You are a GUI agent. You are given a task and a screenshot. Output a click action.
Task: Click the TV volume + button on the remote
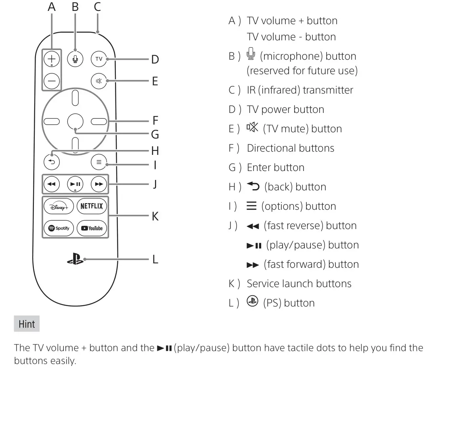pos(52,58)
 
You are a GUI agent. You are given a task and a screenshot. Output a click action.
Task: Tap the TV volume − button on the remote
pos(52,81)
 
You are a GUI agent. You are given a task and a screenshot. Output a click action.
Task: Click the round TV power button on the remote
pos(99,59)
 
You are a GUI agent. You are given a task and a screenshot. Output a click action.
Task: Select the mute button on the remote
pos(99,81)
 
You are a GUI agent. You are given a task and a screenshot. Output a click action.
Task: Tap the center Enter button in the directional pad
pos(75,121)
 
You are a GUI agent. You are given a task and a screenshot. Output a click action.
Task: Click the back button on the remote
pos(52,162)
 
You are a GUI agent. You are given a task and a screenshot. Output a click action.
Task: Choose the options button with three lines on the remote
pos(99,162)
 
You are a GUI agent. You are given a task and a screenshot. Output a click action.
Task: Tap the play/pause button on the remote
pos(75,184)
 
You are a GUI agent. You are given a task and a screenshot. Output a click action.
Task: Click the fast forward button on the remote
pos(99,184)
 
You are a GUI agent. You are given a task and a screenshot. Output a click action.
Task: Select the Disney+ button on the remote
pos(59,206)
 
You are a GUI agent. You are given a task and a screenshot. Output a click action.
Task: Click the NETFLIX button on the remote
pos(92,206)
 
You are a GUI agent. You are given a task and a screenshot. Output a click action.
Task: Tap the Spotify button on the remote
pos(59,228)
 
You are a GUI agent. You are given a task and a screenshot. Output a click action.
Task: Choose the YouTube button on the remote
pos(92,228)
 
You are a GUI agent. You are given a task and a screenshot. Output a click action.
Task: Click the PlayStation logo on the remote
pos(75,259)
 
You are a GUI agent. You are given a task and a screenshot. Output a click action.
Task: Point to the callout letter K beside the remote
pos(155,217)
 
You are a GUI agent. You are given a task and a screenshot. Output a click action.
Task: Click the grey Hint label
pos(27,324)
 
